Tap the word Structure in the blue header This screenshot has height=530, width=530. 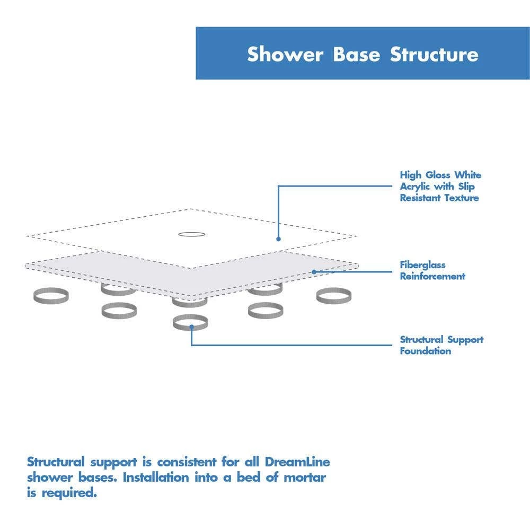434,54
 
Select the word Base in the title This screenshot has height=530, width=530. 357,54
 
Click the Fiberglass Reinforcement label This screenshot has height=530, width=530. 432,270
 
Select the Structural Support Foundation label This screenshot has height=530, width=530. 441,345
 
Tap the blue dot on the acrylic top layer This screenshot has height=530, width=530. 278,239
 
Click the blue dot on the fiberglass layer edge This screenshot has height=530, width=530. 314,272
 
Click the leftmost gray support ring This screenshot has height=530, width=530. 51,296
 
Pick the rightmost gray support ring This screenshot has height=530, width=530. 333,296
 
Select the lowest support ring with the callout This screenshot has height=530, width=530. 190,322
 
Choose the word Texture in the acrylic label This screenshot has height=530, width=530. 461,198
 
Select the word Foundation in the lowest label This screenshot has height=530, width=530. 425,351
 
